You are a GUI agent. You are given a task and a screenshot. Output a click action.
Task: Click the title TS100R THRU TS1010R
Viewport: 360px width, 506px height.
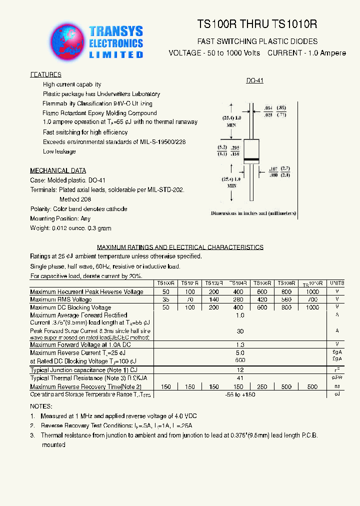click(x=257, y=24)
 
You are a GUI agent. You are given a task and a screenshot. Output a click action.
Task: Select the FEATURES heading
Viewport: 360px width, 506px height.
click(x=45, y=75)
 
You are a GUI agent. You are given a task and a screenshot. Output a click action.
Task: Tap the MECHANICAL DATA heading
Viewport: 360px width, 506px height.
click(x=57, y=170)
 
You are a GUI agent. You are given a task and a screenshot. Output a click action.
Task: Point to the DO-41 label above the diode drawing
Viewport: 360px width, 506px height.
click(x=254, y=80)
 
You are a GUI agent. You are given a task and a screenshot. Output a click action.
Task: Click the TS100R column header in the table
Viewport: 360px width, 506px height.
click(x=165, y=283)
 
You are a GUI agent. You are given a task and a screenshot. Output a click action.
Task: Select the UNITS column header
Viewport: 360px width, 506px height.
click(x=337, y=283)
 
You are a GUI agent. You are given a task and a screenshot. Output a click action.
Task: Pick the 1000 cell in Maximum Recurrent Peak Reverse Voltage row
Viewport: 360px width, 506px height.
click(x=312, y=291)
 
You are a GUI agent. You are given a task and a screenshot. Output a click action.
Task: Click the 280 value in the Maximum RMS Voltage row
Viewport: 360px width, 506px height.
click(x=238, y=299)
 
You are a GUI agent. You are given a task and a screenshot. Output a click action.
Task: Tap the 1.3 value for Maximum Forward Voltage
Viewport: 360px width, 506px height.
click(x=240, y=344)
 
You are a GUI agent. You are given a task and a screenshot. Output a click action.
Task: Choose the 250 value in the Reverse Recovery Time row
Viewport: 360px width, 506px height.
click(x=262, y=386)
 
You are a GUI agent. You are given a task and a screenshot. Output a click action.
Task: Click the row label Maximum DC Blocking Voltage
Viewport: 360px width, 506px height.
click(x=70, y=307)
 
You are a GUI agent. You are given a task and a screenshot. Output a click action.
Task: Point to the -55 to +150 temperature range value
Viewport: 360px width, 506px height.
click(x=240, y=395)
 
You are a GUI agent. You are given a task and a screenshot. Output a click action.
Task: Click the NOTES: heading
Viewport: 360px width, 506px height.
click(x=40, y=406)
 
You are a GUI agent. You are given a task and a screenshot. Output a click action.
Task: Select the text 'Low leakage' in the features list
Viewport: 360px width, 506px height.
click(x=59, y=151)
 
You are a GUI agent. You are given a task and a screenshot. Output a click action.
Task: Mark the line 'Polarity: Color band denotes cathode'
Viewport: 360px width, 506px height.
click(x=78, y=209)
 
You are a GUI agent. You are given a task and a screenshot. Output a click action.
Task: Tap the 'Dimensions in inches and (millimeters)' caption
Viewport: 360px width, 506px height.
click(x=253, y=213)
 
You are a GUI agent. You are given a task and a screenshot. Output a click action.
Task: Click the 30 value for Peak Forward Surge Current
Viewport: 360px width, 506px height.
click(x=240, y=331)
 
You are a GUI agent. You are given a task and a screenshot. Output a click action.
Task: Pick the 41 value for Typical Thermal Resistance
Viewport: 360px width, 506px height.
click(x=240, y=378)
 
